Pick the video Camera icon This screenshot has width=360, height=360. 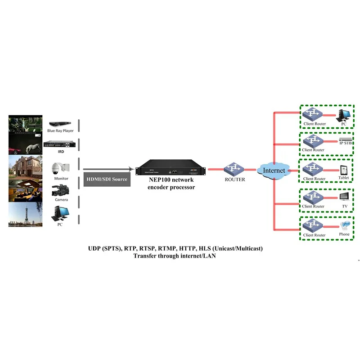60,191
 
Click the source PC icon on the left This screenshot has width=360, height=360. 60,213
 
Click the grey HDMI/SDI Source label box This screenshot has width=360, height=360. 107,179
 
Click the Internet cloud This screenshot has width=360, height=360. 274,170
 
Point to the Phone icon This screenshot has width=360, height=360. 344,226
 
